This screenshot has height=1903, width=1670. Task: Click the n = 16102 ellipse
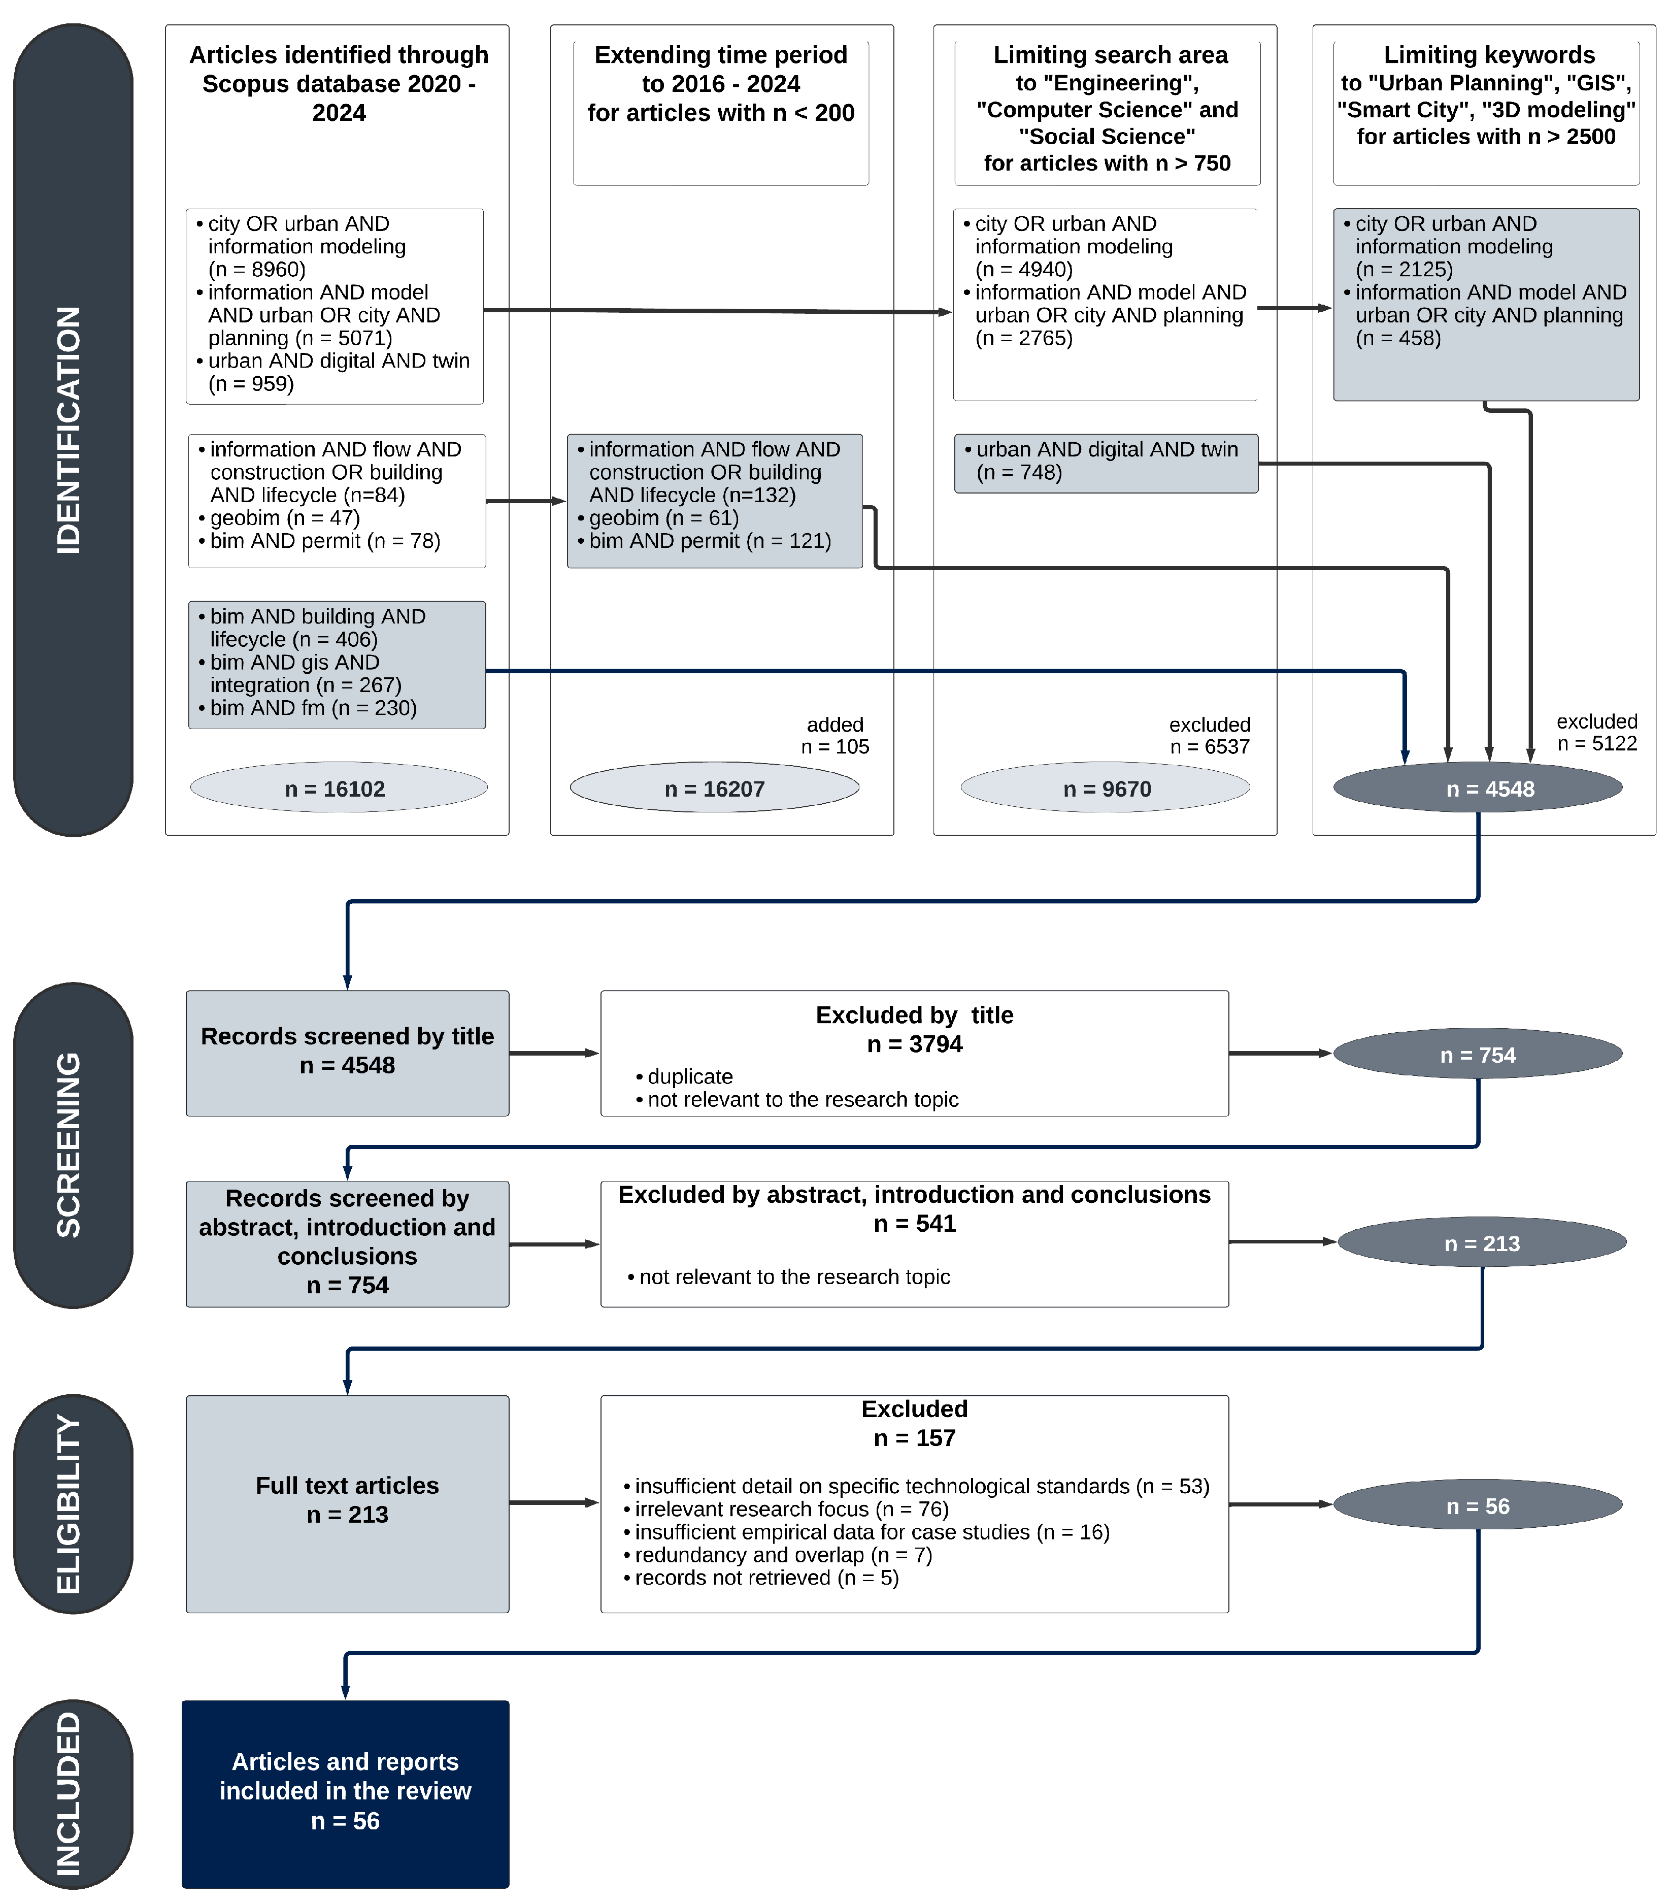pyautogui.click(x=338, y=789)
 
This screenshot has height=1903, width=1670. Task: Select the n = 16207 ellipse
pyautogui.click(x=714, y=789)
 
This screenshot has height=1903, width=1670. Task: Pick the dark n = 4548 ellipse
pyautogui.click(x=1477, y=789)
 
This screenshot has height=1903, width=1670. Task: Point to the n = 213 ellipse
pyautogui.click(x=1481, y=1243)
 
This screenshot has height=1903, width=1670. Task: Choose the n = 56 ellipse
pyautogui.click(x=1477, y=1505)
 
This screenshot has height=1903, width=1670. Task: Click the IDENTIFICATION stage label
pyautogui.click(x=70, y=430)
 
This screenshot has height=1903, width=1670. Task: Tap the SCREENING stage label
pyautogui.click(x=70, y=1144)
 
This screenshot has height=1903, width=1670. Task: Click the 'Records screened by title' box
pyautogui.click(x=347, y=1052)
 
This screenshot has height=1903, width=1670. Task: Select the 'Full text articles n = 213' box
pyautogui.click(x=347, y=1503)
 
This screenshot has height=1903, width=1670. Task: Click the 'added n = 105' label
pyautogui.click(x=835, y=736)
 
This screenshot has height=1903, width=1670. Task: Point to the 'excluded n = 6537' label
pyautogui.click(x=1209, y=736)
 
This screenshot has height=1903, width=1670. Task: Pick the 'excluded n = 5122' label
pyautogui.click(x=1596, y=732)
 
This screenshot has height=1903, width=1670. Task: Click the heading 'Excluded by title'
pyautogui.click(x=914, y=1015)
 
